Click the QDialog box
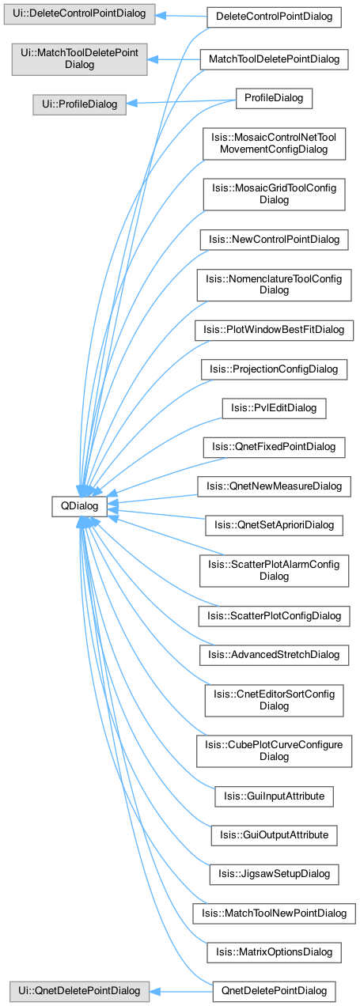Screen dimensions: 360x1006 coord(79,506)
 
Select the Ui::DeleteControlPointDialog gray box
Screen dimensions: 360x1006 coord(80,14)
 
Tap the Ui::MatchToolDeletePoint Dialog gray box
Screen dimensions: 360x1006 coord(80,59)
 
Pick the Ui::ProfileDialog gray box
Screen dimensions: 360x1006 coord(80,104)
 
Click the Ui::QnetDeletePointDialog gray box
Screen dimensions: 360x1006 coord(80,991)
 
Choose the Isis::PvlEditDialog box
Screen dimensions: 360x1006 coord(275,408)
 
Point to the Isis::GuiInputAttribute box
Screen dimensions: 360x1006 coord(275,796)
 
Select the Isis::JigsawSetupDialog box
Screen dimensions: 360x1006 coord(275,874)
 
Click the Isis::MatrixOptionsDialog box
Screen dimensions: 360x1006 coord(275,952)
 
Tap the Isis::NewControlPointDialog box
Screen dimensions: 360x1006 coord(275,240)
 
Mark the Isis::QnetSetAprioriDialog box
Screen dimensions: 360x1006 coord(275,525)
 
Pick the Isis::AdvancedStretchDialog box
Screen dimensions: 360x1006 coord(275,655)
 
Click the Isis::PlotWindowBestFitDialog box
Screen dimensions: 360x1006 coord(275,330)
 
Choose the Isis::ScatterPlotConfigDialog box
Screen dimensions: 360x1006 coord(275,616)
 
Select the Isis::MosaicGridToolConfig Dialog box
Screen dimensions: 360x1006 coord(275,195)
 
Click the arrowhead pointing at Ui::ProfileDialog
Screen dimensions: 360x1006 coord(131,104)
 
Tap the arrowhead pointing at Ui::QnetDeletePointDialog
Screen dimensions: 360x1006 coord(155,991)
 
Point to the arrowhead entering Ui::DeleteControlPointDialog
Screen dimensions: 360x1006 coord(161,15)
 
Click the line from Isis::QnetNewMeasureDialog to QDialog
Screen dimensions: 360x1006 coord(157,499)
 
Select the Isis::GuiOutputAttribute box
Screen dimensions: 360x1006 coord(275,835)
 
